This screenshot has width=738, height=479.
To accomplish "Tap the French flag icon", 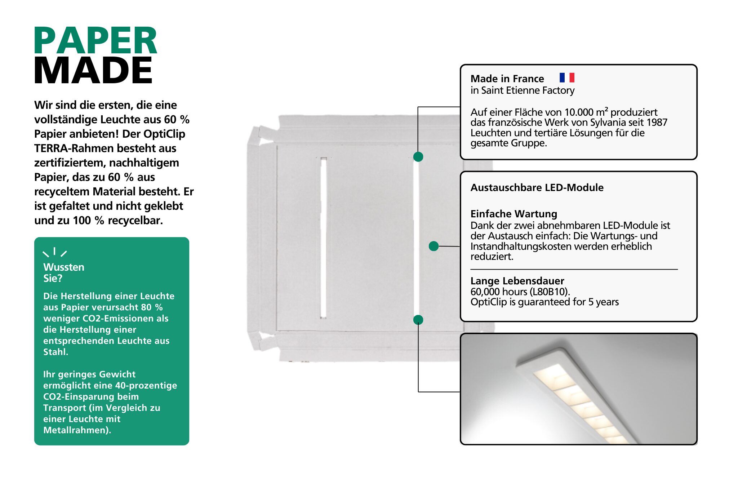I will tap(567, 77).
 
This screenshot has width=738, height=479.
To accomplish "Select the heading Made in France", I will tap(507, 79).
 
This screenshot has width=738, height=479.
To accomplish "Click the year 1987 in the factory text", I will tap(657, 123).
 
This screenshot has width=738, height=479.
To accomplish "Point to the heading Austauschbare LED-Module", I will tap(537, 187).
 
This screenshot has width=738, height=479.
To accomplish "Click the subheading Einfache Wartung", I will tap(514, 214).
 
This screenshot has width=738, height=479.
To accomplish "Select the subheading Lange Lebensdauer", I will tap(517, 281).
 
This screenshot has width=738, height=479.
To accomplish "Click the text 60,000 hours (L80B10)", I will tap(520, 292).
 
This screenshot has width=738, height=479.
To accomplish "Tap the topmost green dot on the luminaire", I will tap(418, 156).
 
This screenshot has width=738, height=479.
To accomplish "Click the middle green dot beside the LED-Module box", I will tap(434, 246).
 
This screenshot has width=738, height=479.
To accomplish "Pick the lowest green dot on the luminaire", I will tap(418, 320).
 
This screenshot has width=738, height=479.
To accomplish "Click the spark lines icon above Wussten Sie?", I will tap(55, 252).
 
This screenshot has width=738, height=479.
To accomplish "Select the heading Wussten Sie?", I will tap(63, 272).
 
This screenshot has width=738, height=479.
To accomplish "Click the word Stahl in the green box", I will tap(55, 352).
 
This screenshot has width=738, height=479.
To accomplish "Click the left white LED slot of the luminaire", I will tap(323, 238).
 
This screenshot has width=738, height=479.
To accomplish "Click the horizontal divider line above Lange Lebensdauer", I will tap(574, 269).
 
